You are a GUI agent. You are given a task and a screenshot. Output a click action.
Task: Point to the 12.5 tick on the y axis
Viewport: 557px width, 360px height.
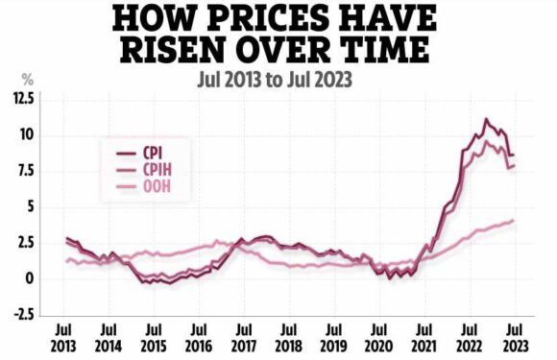coord(18,99)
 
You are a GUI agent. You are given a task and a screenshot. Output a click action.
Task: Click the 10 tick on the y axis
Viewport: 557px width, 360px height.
coord(24,134)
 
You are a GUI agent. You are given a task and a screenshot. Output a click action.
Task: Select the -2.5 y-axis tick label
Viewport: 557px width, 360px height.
coord(19,315)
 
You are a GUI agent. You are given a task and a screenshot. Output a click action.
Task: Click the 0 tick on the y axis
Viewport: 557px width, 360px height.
coord(29,279)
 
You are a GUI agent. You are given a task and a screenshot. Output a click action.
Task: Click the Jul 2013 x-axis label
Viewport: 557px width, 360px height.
coord(65,337)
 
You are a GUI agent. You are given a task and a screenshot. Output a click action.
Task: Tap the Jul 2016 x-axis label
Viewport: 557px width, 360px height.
coord(198,337)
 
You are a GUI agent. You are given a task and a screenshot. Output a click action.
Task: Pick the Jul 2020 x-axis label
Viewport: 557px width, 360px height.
coord(379,337)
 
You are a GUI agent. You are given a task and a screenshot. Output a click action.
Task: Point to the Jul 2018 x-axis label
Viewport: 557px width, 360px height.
coord(288,337)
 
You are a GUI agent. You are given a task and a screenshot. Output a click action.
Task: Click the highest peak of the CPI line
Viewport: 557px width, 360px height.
coord(487,119)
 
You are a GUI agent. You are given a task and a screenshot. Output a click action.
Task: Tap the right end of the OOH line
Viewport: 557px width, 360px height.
coord(514,220)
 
